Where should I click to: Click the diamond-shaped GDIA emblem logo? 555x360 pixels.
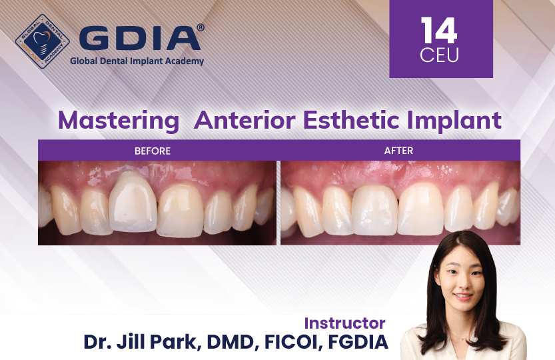click(43, 41)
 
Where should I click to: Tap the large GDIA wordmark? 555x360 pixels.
click(139, 38)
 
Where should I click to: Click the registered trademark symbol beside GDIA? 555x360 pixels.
click(201, 27)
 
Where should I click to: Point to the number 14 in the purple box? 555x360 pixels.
click(439, 31)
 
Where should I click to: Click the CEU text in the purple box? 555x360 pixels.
click(439, 55)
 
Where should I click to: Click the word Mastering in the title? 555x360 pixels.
click(119, 121)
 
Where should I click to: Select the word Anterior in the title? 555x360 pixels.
click(245, 120)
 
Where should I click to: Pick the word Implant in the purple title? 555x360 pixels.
click(454, 121)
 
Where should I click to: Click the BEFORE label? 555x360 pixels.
click(153, 151)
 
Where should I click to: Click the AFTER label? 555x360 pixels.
click(398, 151)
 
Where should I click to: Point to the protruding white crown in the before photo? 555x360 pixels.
click(133, 202)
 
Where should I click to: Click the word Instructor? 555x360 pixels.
click(344, 323)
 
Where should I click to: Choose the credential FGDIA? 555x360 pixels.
click(358, 342)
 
